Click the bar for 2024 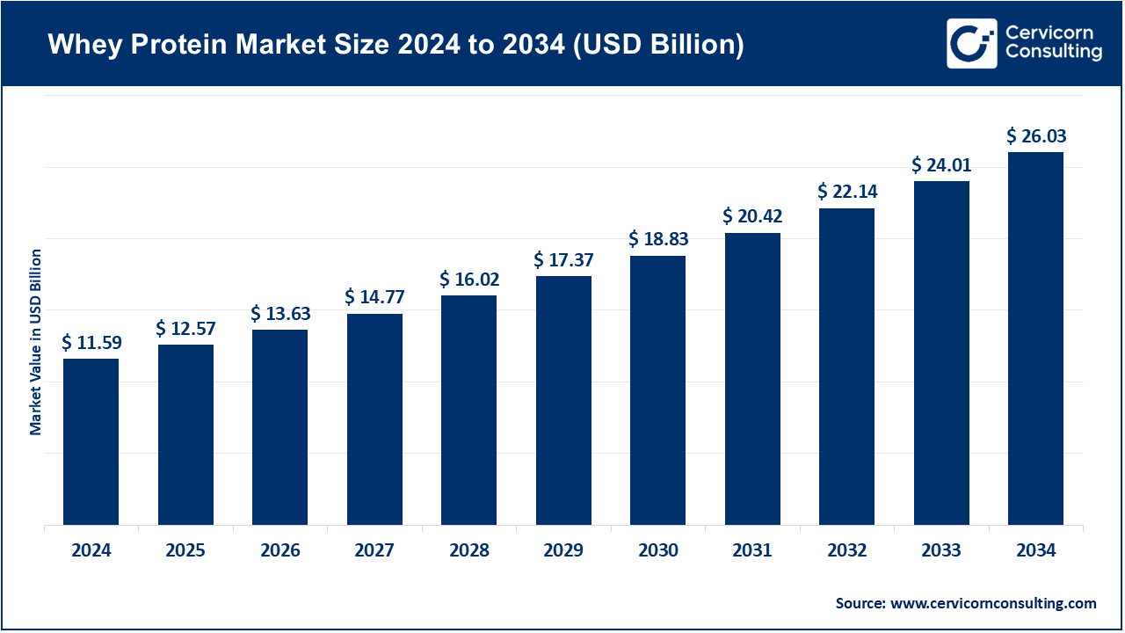click(x=91, y=441)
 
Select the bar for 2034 click(x=1035, y=338)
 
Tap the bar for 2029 click(x=563, y=400)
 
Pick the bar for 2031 click(x=752, y=379)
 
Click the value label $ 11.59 click(x=91, y=343)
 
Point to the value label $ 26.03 click(x=1036, y=136)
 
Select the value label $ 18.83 click(x=658, y=240)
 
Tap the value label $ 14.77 click(x=374, y=297)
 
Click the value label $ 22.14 click(x=847, y=192)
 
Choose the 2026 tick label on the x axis click(x=280, y=551)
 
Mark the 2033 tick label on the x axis click(x=941, y=551)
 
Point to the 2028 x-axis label click(x=469, y=551)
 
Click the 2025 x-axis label click(x=185, y=551)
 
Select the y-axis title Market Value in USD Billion click(x=36, y=342)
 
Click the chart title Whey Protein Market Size click(x=396, y=45)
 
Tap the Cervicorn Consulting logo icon click(x=971, y=43)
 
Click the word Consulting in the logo click(x=1054, y=53)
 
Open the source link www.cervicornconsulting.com click(x=993, y=603)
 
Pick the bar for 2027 click(x=374, y=419)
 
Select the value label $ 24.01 click(x=941, y=165)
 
